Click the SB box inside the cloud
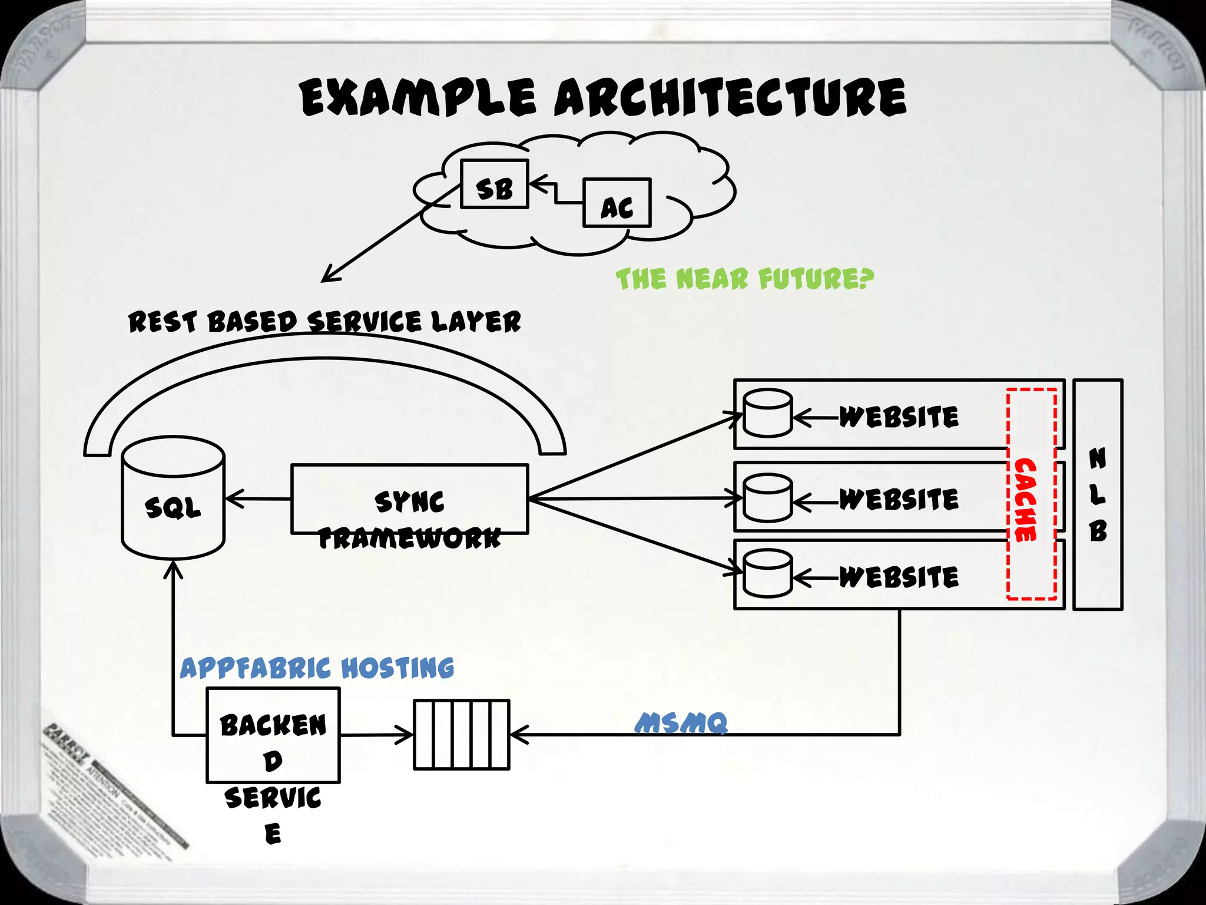(494, 184)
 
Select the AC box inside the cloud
(617, 203)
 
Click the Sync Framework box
(409, 500)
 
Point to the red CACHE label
(1025, 500)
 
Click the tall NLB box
(1098, 494)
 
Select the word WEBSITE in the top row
(899, 417)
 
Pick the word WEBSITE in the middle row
(899, 500)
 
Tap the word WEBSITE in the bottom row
(899, 577)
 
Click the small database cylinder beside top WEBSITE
(767, 414)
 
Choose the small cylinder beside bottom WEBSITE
(767, 573)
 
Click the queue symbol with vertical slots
(461, 735)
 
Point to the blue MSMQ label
(681, 723)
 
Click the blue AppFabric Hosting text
(317, 668)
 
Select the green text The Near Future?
(744, 279)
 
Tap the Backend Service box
(273, 735)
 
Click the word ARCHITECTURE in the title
(730, 97)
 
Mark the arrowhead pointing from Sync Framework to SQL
(231, 498)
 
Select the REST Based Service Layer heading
(324, 322)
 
